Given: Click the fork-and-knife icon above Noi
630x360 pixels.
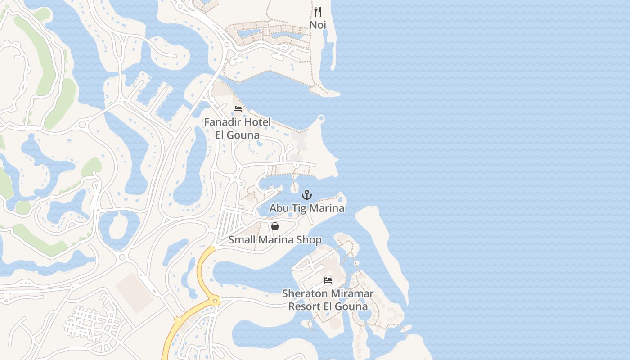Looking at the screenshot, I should click(318, 11).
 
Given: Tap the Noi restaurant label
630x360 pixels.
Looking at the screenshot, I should click(318, 25).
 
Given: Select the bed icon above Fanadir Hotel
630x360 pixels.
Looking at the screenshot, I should click(238, 109).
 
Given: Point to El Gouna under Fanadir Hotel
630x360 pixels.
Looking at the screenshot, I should click(238, 135).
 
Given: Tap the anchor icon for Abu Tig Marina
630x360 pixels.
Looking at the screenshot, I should click(306, 195).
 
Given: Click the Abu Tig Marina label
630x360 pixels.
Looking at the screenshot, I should click(306, 208).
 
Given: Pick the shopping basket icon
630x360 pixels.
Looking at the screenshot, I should click(275, 226).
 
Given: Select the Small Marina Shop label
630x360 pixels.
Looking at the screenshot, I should click(275, 239).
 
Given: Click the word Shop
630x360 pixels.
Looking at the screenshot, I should click(310, 239).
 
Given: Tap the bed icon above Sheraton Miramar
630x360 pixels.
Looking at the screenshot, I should click(328, 280).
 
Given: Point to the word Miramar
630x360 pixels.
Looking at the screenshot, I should click(352, 294).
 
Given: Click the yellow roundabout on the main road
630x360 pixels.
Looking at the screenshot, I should click(215, 300).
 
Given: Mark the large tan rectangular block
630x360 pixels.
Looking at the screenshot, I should click(135, 292).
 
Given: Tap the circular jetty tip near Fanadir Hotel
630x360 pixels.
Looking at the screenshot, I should click(321, 118).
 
